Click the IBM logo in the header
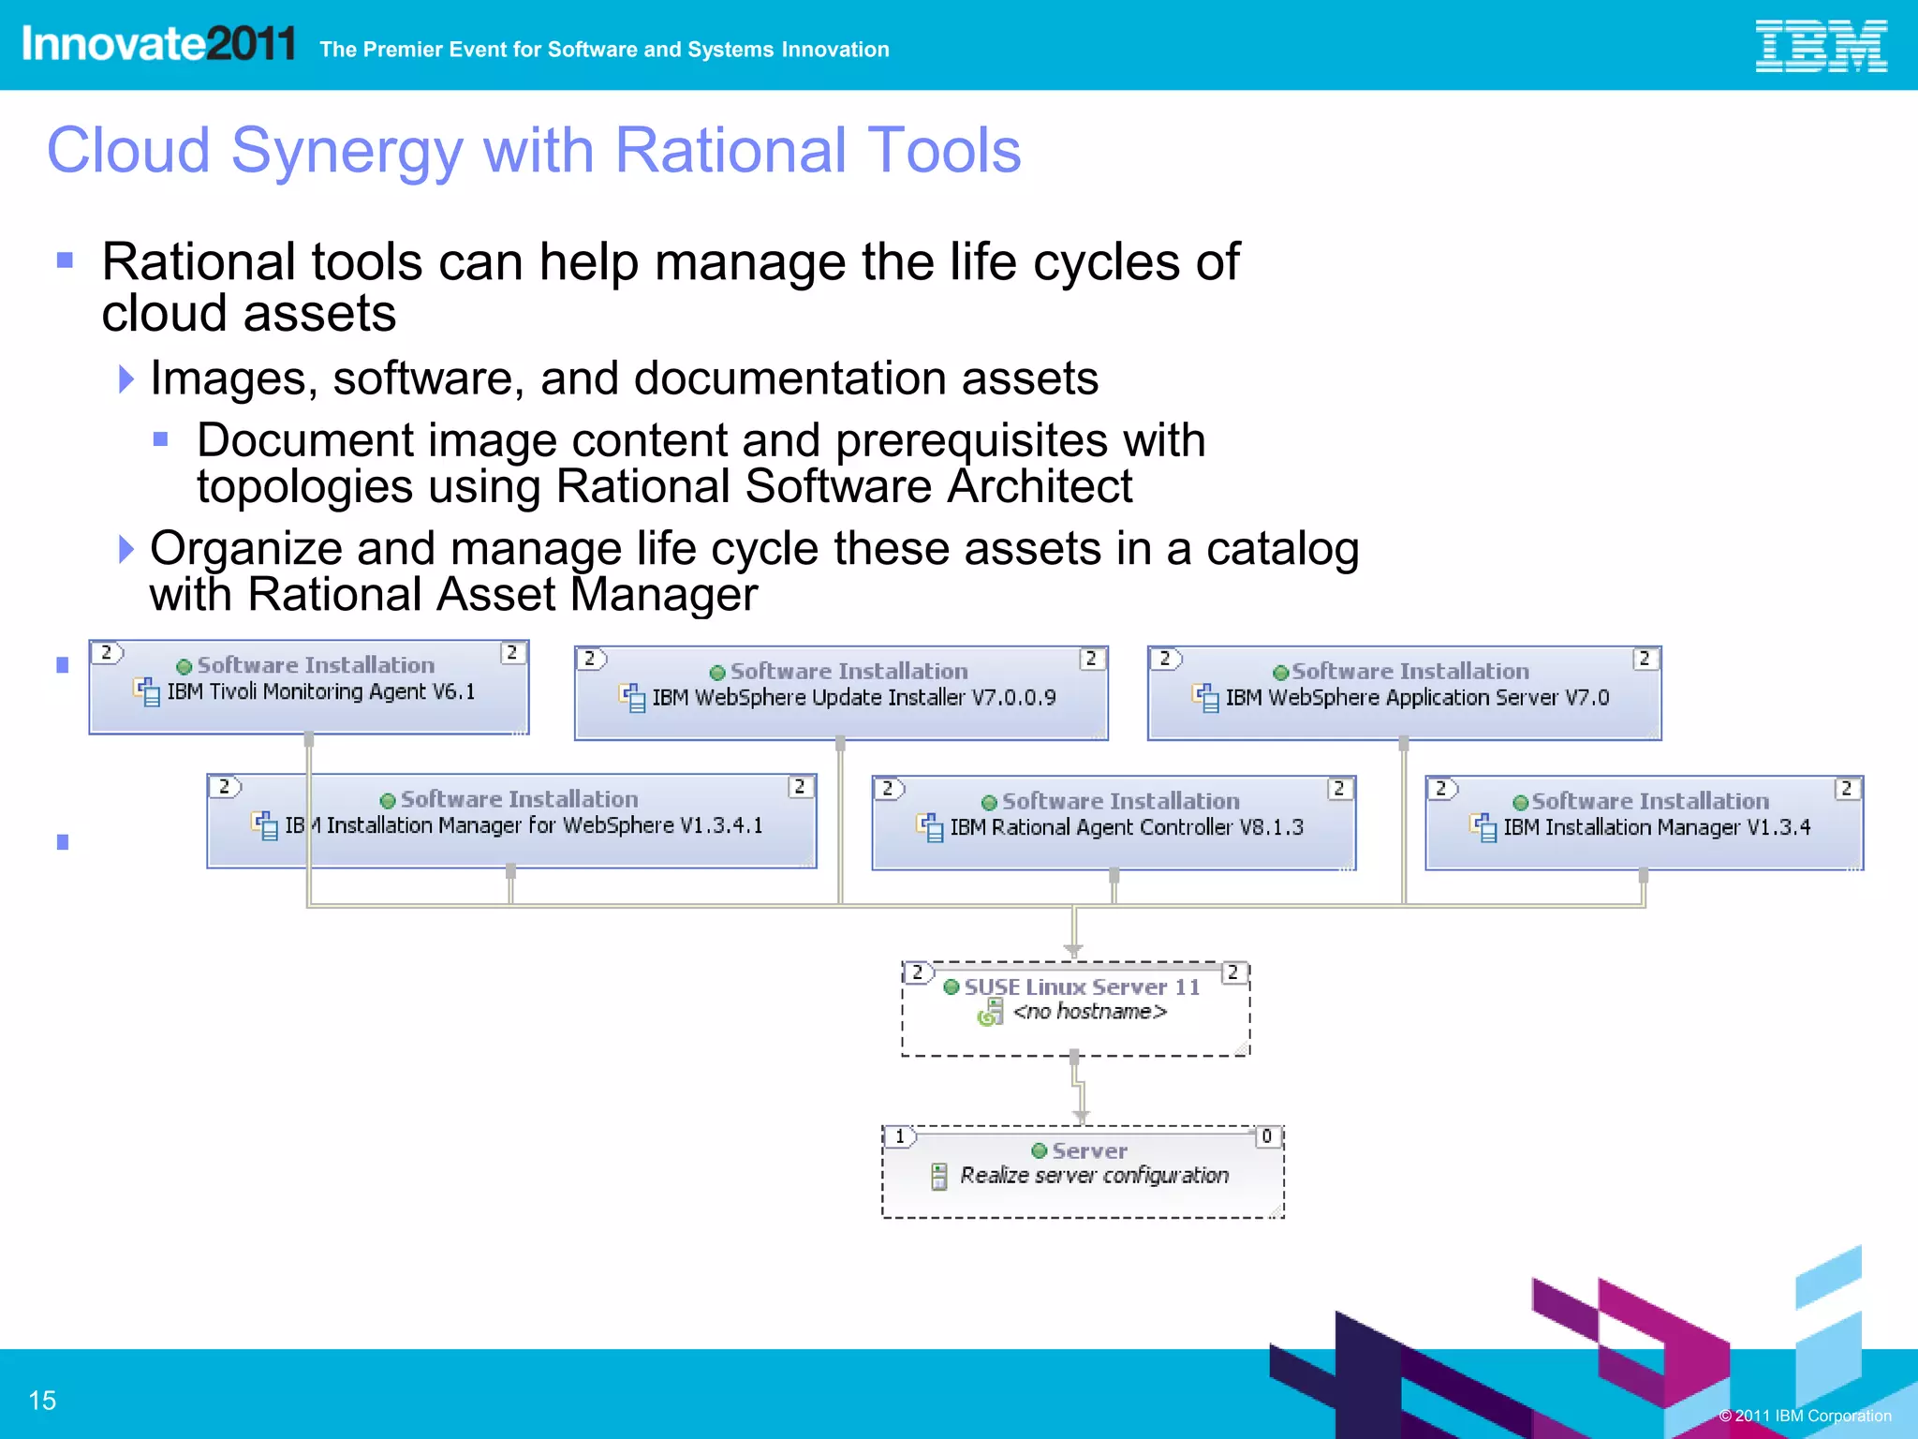point(1820,47)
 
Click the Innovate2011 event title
point(158,44)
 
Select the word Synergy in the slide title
point(347,151)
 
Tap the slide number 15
point(42,1401)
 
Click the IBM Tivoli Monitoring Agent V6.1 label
point(320,692)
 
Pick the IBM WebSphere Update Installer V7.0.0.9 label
point(853,698)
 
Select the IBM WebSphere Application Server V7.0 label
point(1416,698)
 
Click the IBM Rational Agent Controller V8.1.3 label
point(1126,827)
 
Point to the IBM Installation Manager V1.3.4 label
point(1656,827)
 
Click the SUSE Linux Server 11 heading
point(1082,987)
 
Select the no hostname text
point(1089,1012)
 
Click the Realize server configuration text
point(1094,1176)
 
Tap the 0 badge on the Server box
point(1267,1136)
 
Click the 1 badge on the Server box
point(900,1136)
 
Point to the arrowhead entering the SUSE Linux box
point(1073,950)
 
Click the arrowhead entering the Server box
point(1081,1116)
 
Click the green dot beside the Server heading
point(1039,1150)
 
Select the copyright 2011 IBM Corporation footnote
point(1805,1416)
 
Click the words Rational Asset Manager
point(503,595)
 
